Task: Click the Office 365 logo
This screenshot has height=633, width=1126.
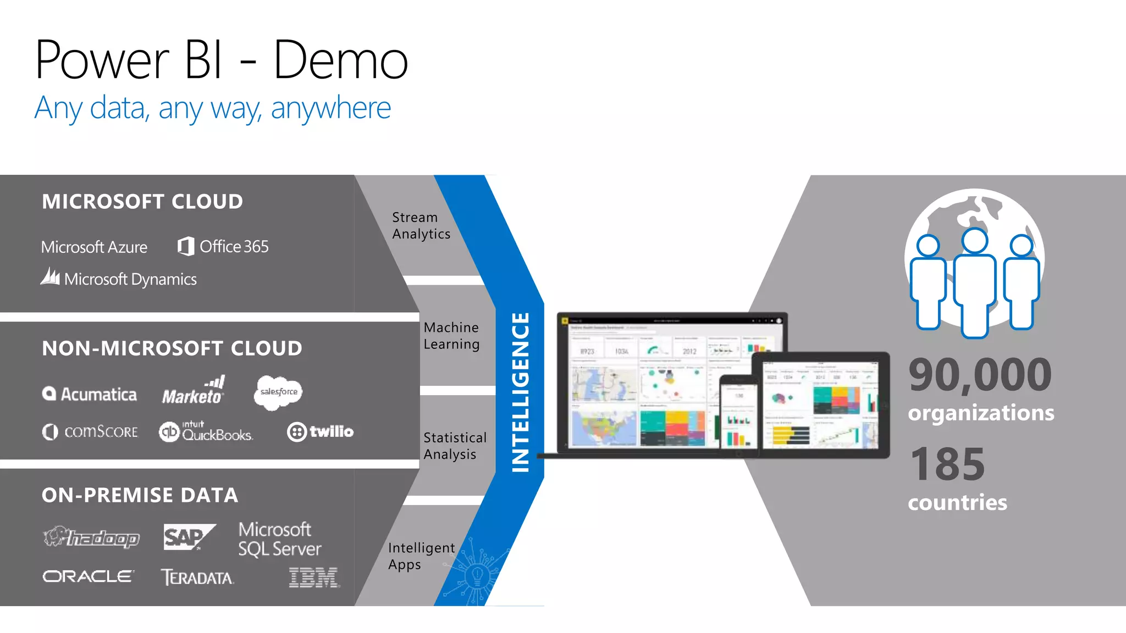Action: coord(223,247)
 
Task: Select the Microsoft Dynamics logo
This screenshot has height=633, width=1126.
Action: coord(119,278)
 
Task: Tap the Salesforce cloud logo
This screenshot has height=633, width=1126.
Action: coord(278,392)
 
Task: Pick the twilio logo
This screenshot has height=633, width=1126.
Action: coord(320,432)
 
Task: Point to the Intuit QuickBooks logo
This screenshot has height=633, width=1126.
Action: coord(206,432)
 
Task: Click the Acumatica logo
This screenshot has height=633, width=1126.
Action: coord(90,394)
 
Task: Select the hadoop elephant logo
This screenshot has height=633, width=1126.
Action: coord(91,537)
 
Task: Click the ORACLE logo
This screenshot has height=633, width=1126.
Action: coord(88,576)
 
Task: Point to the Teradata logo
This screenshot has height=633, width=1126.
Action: coord(197,578)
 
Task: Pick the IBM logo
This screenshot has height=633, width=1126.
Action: coord(313,578)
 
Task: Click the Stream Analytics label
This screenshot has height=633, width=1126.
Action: coord(421,226)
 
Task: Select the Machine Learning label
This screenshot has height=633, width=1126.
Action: coord(451,336)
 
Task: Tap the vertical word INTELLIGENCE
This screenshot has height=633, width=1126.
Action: coord(520,392)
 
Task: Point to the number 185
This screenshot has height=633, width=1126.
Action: coord(947,465)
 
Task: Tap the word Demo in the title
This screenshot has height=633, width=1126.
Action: coord(340,60)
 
